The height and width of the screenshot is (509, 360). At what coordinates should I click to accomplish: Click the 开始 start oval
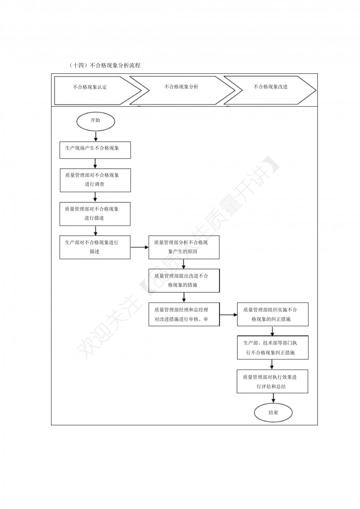tap(96, 121)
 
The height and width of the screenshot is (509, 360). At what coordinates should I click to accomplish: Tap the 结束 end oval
tap(273, 412)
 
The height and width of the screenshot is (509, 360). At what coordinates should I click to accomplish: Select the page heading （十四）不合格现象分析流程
tap(105, 65)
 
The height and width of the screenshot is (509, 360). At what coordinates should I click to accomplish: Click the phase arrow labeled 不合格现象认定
tap(98, 90)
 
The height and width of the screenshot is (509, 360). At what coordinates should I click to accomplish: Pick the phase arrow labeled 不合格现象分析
tap(182, 90)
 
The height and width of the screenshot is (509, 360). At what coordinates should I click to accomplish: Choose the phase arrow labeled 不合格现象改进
tap(270, 90)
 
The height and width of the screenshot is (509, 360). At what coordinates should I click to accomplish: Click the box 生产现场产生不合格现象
tap(95, 150)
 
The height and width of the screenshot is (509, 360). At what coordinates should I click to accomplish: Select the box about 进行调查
tap(95, 180)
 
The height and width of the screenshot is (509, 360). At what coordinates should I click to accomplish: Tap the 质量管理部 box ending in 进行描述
tap(95, 214)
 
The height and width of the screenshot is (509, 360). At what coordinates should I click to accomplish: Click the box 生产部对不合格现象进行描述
tap(95, 247)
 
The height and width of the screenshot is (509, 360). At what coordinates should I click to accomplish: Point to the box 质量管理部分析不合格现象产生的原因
tap(184, 247)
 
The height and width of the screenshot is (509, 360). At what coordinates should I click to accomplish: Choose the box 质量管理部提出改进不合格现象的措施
tap(184, 280)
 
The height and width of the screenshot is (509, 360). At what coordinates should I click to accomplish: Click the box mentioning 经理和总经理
tap(184, 314)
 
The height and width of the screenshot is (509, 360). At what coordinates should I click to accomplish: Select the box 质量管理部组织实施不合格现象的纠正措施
tap(273, 314)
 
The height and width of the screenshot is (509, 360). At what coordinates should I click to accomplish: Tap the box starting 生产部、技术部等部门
tap(273, 348)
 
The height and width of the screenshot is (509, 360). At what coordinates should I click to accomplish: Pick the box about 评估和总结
tap(272, 381)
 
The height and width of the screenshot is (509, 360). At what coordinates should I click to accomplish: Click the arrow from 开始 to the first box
tap(96, 136)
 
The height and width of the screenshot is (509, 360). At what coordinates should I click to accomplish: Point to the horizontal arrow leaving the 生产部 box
tap(139, 247)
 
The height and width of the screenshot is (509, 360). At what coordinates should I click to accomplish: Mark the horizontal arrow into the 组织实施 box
tap(228, 315)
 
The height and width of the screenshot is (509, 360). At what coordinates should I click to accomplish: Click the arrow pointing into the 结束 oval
tap(273, 398)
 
